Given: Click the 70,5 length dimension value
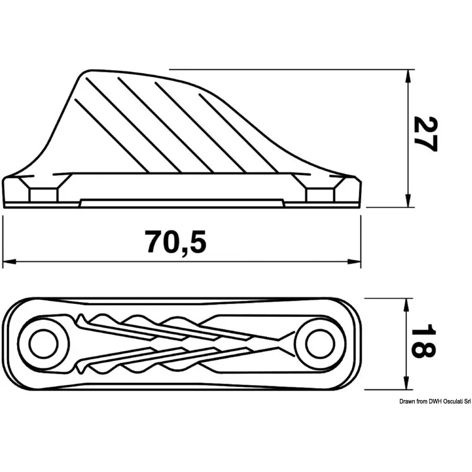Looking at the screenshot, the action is [175, 242].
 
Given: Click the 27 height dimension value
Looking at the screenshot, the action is [425, 134].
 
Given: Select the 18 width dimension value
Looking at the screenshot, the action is [423, 341].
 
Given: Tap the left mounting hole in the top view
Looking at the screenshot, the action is [44, 344].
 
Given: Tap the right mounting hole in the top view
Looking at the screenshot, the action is [320, 344].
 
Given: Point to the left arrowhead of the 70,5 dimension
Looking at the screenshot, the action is [9, 262].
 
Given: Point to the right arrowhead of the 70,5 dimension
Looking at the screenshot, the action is [355, 262].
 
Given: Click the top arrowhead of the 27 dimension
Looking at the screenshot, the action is [408, 77].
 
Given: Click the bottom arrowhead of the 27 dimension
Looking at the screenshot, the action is [408, 201].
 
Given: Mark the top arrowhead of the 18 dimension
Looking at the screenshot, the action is [407, 305].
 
